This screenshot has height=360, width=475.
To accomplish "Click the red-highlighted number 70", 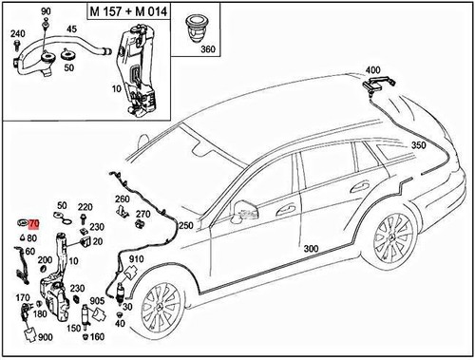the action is coord(34,224).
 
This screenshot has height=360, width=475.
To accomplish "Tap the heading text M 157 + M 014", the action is coord(128,11).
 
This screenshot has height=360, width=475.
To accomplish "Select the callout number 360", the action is coord(208,49).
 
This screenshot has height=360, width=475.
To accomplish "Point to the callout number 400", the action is coord(372,70).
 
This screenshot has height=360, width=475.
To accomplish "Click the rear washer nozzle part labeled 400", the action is coord(378,84).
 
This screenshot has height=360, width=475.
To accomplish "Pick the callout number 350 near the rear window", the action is coord(419,145).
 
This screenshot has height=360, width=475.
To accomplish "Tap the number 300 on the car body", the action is coord(311,249).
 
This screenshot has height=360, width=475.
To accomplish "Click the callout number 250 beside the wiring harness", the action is coord(186,225).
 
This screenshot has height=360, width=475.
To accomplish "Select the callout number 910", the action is coord(136,259).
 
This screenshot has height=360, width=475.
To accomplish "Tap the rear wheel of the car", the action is coord(394,241).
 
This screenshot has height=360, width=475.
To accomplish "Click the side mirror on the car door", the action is coord(244,210).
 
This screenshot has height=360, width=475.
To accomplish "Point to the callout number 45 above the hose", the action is coord(71,29).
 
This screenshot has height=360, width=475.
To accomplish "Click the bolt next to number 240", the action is coord(16,46).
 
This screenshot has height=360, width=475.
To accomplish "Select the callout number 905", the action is coord(97,301).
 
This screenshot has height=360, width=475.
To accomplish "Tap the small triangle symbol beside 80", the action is coord(23,237).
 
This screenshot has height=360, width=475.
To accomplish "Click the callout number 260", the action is coord(123,199).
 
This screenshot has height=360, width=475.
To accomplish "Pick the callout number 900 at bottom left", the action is coord(46,337).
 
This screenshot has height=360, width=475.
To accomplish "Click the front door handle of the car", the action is coord(286,209).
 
